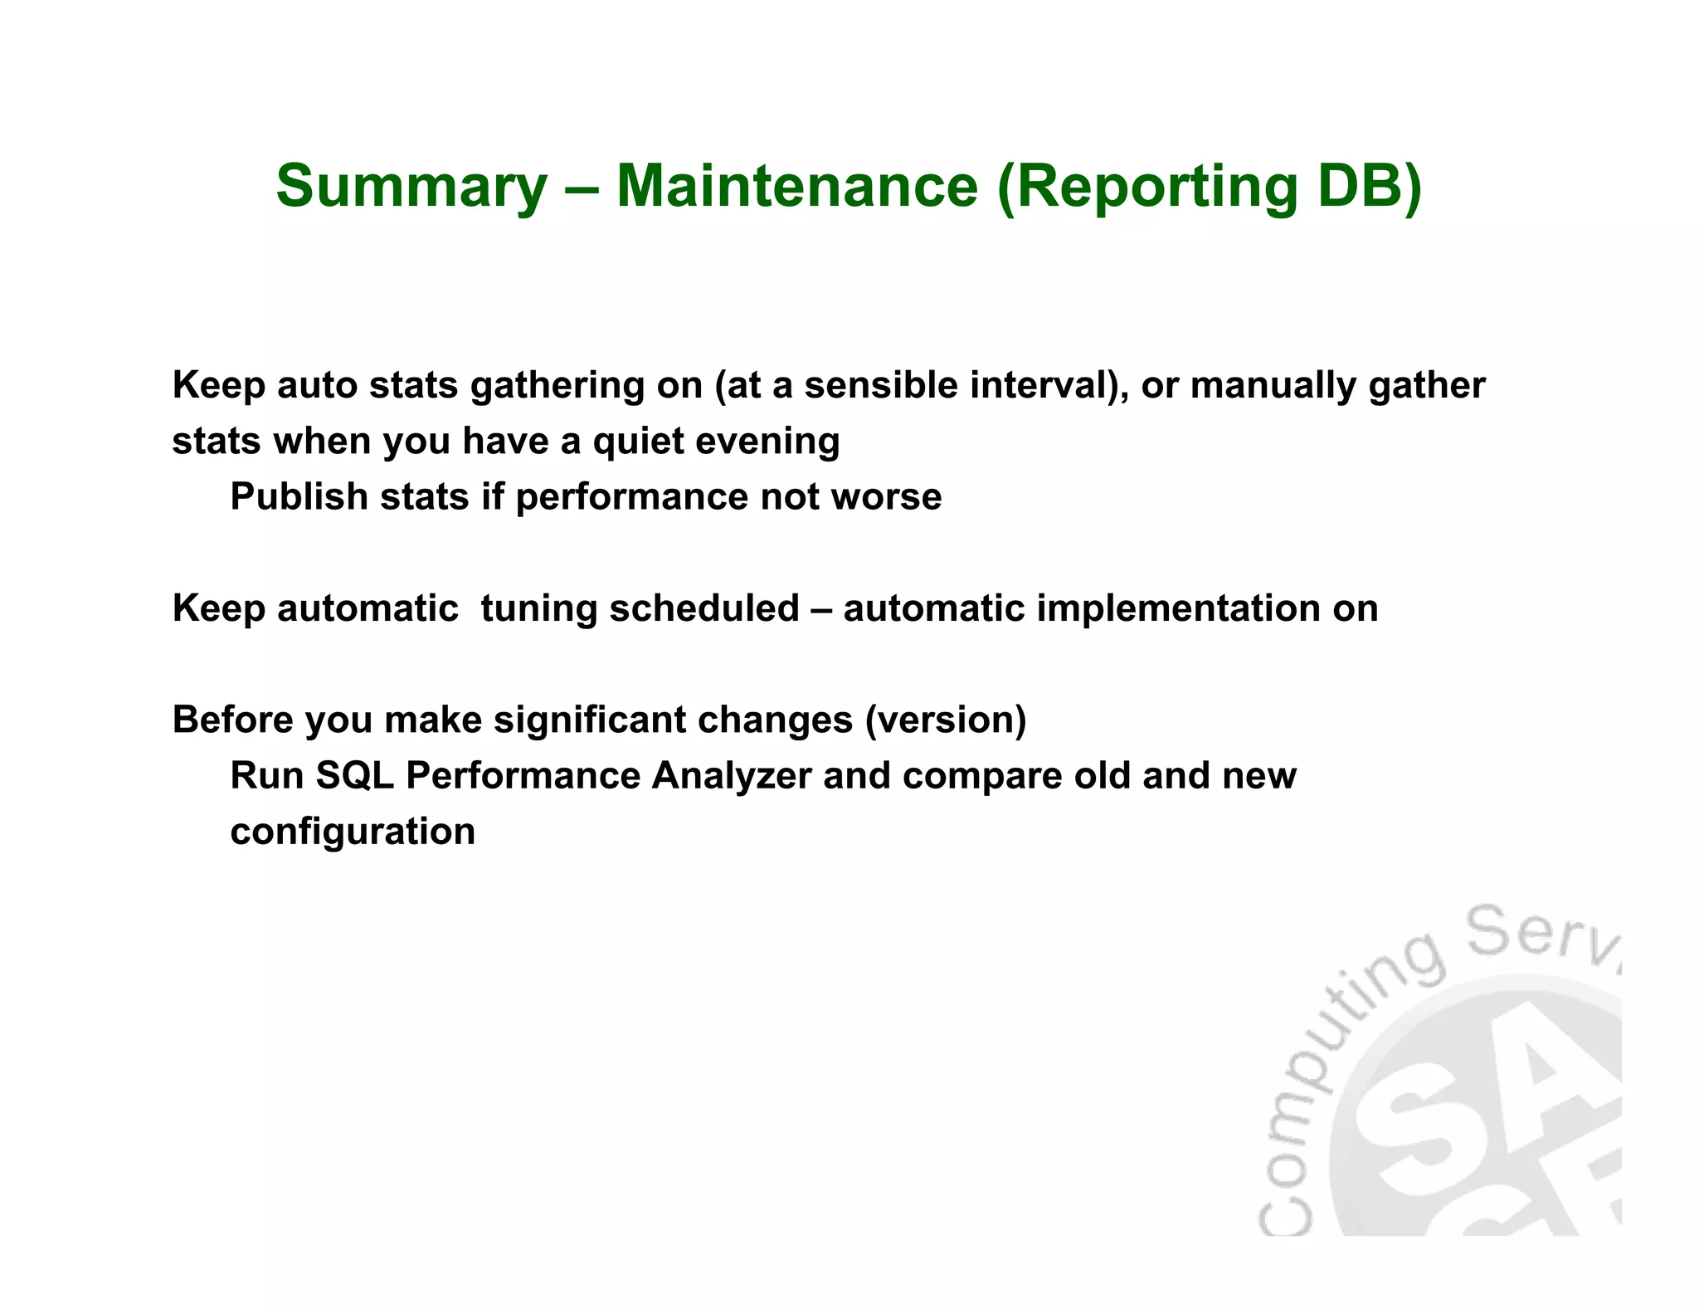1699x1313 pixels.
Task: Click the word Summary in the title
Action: [x=411, y=187]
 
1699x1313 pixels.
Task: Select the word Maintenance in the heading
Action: [x=796, y=185]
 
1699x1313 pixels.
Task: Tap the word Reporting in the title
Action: [x=1155, y=187]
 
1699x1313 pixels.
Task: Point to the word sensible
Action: [x=881, y=385]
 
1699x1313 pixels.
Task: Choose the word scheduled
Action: [x=704, y=608]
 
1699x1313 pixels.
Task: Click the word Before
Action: [x=232, y=720]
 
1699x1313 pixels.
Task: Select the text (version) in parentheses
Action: [x=946, y=720]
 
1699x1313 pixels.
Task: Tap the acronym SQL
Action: [x=354, y=776]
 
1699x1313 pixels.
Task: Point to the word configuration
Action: [x=353, y=832]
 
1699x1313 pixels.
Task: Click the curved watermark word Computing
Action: [x=1327, y=1071]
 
